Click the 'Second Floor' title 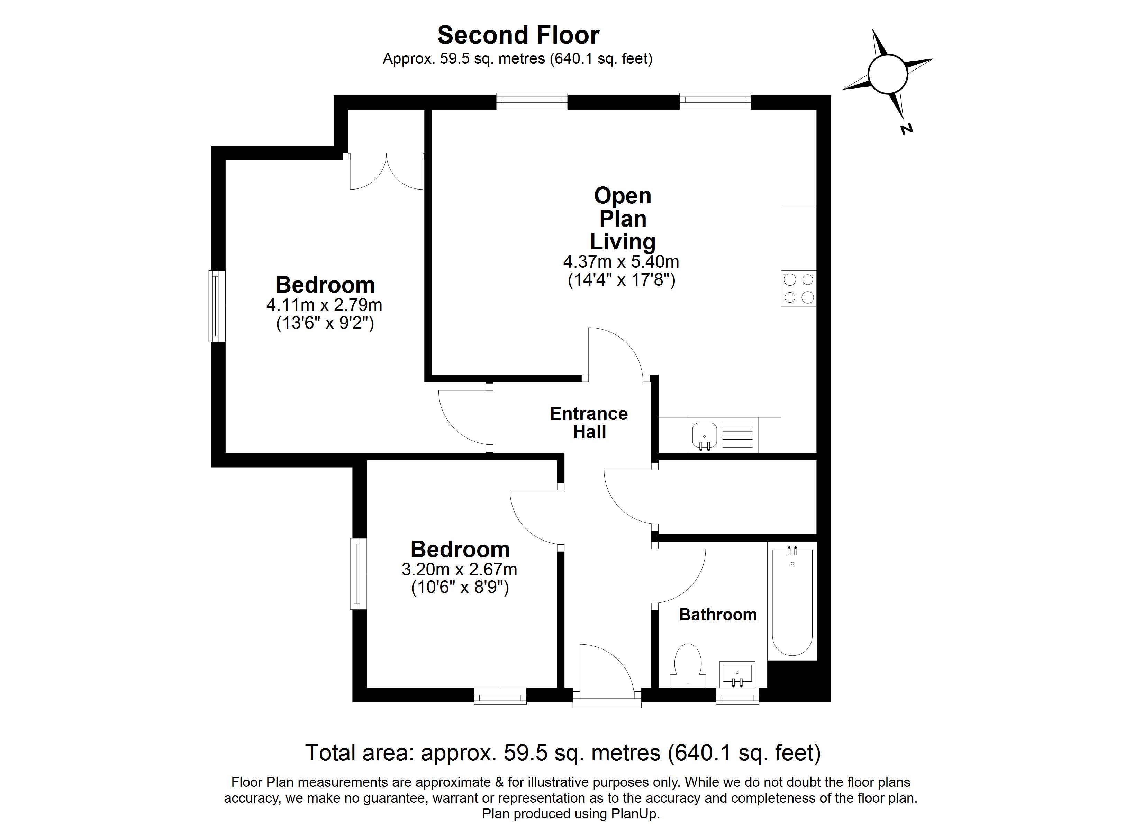pyautogui.click(x=518, y=35)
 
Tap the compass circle pyautogui.click(x=888, y=74)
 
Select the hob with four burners pyautogui.click(x=799, y=288)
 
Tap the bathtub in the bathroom pyautogui.click(x=792, y=601)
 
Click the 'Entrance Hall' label pyautogui.click(x=589, y=423)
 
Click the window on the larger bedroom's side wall pyautogui.click(x=217, y=306)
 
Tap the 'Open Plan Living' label pyautogui.click(x=623, y=219)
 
